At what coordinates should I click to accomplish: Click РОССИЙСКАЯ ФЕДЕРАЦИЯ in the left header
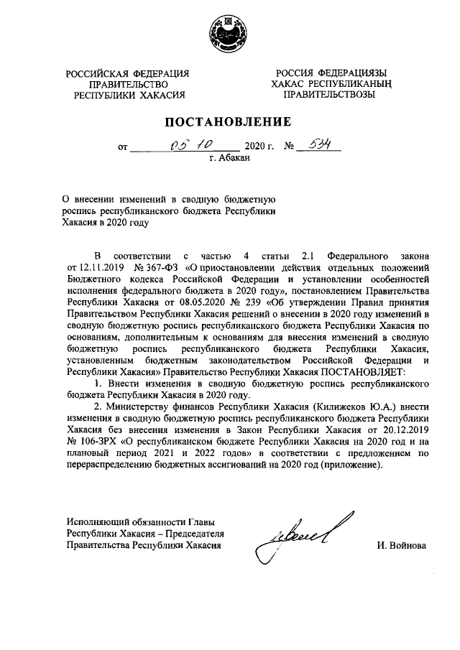point(128,74)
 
